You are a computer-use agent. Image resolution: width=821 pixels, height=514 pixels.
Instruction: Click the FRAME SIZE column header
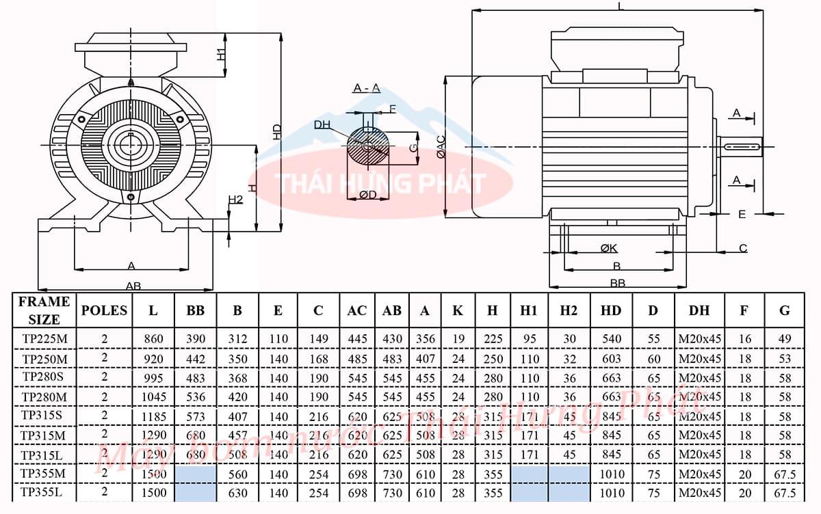(x=44, y=310)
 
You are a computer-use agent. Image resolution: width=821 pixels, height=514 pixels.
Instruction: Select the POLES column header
(x=104, y=310)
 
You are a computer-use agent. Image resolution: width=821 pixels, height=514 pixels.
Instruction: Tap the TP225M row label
(x=44, y=339)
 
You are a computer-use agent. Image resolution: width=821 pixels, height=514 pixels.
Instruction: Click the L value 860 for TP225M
(x=153, y=339)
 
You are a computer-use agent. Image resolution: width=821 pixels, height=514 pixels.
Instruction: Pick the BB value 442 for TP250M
(x=196, y=358)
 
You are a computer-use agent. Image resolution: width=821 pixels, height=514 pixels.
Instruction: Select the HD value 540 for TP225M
(x=611, y=339)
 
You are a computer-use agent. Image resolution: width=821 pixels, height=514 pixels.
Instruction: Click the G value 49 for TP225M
(x=785, y=339)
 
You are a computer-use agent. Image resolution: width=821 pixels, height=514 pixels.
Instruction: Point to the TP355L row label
(x=44, y=492)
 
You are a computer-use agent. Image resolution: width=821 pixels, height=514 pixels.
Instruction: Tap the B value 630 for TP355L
(x=237, y=493)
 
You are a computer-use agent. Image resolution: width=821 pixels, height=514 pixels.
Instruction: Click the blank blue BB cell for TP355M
(x=196, y=474)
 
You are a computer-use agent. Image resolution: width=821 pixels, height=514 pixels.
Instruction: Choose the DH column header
(x=699, y=310)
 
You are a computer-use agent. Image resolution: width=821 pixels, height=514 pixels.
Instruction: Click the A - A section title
(x=366, y=88)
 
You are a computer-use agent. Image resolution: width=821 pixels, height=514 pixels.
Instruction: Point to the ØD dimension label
(x=367, y=195)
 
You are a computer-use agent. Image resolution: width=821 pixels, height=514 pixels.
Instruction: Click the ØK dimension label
(x=609, y=247)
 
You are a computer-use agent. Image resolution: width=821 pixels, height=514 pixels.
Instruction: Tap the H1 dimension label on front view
(x=221, y=54)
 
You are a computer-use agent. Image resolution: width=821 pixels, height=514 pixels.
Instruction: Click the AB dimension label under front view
(x=133, y=286)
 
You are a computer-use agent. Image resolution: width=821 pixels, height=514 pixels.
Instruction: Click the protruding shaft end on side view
(x=743, y=147)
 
